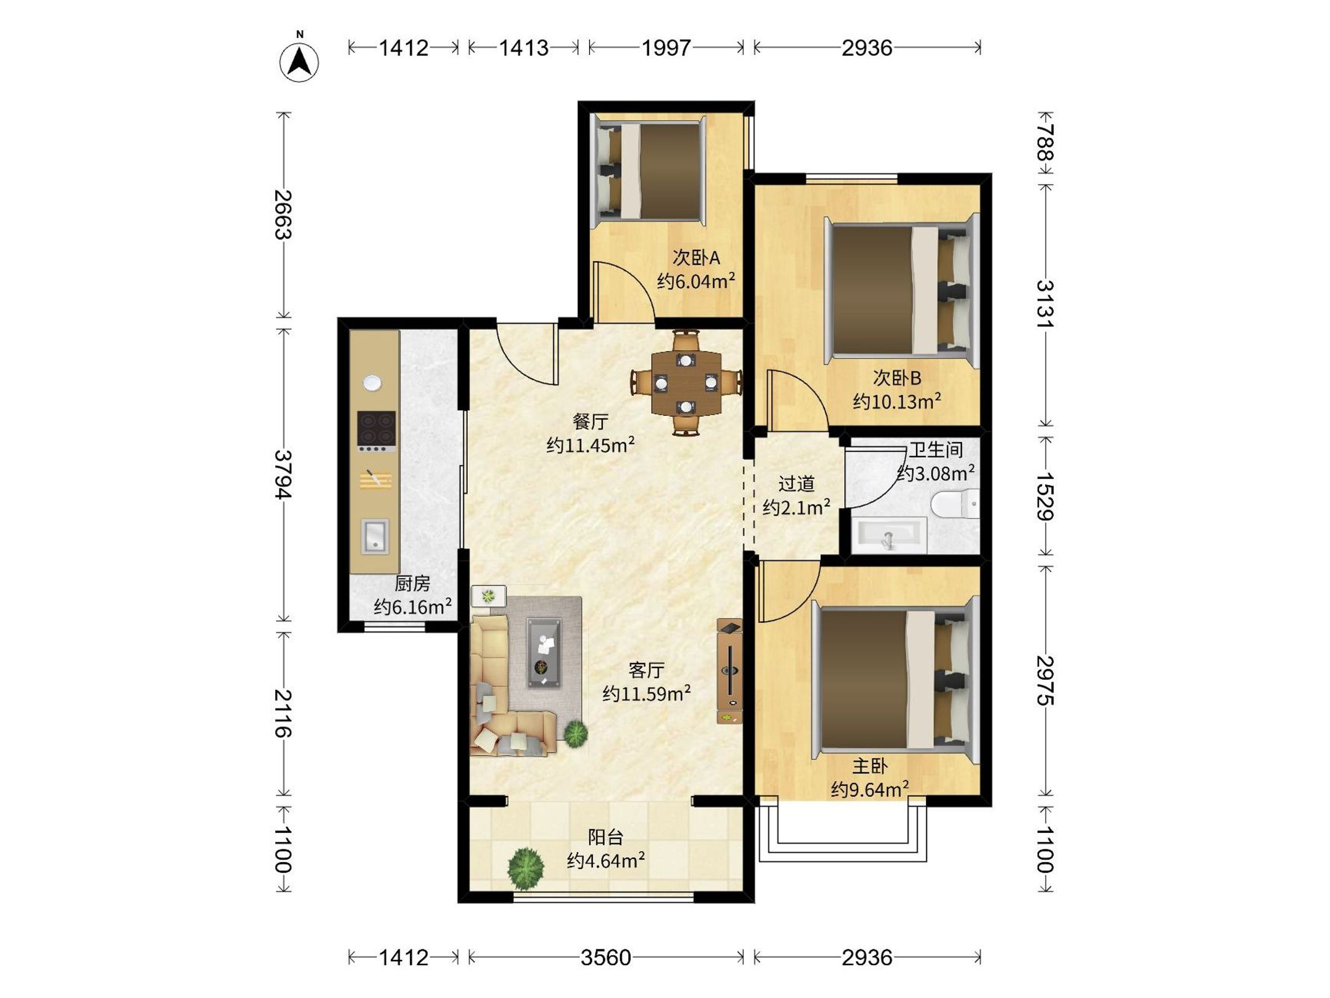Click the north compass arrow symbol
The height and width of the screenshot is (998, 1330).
coord(299,61)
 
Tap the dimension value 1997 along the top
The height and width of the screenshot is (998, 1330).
coord(666,48)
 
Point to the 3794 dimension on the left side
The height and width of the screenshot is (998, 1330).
coord(283,475)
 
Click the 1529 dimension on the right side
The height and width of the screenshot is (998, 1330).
coord(1046,496)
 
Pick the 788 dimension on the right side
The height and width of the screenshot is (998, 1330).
coord(1046,142)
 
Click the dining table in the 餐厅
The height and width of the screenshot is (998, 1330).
coord(686,383)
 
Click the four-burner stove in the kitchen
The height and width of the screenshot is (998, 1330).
coord(376,431)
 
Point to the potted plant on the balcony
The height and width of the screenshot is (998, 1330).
coord(525,868)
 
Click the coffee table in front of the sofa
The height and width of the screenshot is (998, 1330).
coord(545,651)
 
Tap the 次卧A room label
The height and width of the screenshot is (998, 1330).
coord(695,258)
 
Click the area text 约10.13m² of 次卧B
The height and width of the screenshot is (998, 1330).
coord(897,401)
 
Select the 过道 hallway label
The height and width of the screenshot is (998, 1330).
coord(797,483)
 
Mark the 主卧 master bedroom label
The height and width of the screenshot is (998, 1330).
coord(869,766)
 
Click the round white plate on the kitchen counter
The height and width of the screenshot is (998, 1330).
coord(372,383)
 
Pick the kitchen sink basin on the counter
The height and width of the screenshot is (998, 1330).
coord(375,536)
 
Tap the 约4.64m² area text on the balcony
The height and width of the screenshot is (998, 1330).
coord(606,861)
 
